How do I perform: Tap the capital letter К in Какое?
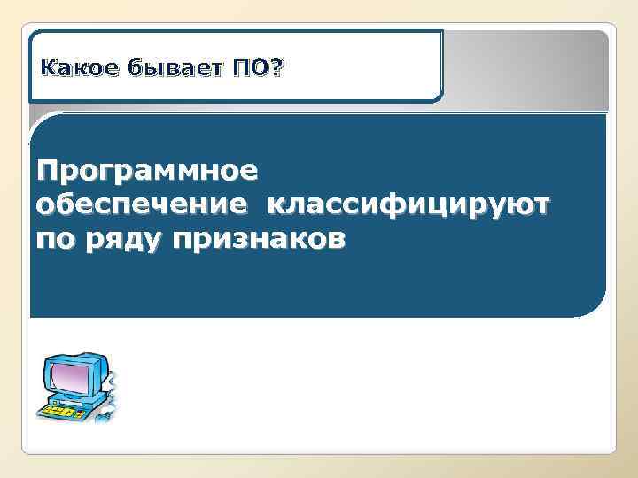click(x=49, y=67)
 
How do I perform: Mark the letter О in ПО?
click(x=263, y=67)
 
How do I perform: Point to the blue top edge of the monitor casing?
click(x=75, y=356)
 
